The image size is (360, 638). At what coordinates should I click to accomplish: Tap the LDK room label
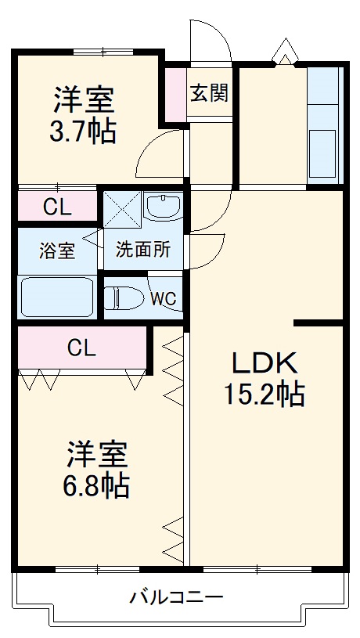[x=264, y=362]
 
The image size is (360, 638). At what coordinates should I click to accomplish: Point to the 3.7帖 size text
[x=83, y=130]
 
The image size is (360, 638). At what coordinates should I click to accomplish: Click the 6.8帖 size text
[x=96, y=486]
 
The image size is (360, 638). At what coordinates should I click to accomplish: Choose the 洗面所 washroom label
[x=143, y=251]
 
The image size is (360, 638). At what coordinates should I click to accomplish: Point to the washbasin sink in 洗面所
[x=164, y=207]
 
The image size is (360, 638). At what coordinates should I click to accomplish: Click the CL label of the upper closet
[x=57, y=207]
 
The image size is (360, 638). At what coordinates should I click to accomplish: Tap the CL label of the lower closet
[x=81, y=347]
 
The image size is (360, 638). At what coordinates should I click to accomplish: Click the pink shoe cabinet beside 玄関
[x=175, y=96]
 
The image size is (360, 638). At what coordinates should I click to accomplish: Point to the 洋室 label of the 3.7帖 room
[x=83, y=99]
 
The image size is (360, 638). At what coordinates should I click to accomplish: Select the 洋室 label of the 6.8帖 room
[x=96, y=455]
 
